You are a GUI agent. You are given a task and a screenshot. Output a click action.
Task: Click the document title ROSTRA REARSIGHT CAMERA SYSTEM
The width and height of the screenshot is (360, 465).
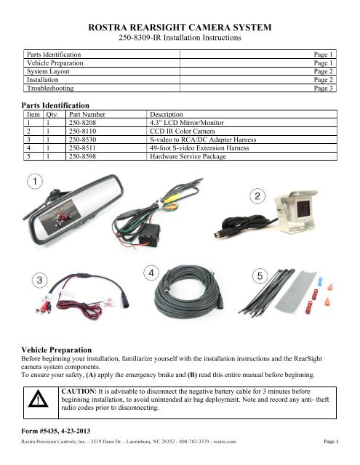pyautogui.click(x=179, y=28)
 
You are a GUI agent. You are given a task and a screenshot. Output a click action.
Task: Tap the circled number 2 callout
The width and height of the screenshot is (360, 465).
pyautogui.click(x=258, y=196)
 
